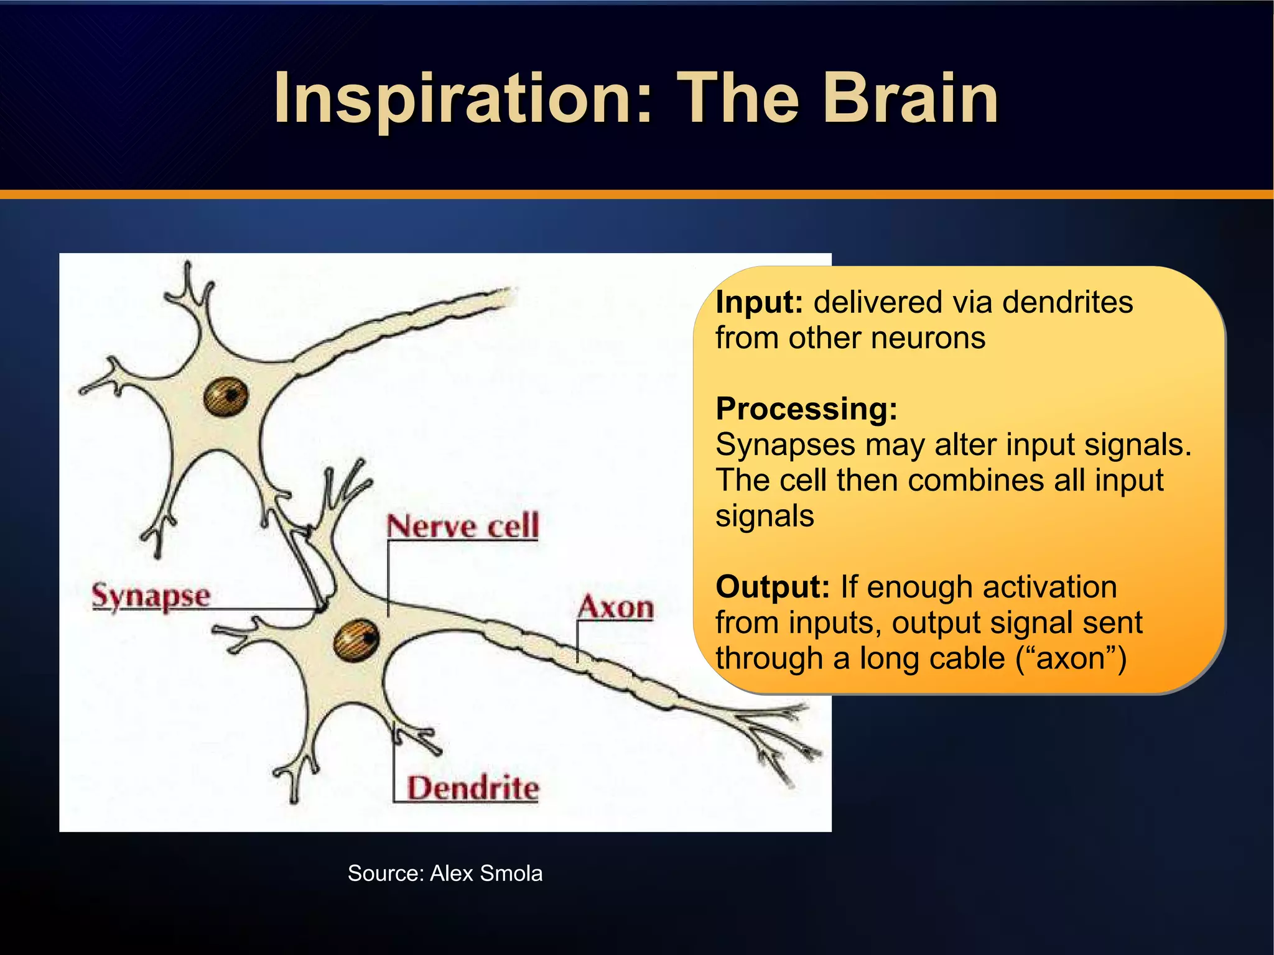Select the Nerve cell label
[x=462, y=526]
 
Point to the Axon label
[x=616, y=607]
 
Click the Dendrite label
[x=473, y=788]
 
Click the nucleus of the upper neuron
[x=226, y=396]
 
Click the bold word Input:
[x=759, y=303]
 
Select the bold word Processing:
[x=806, y=409]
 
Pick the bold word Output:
[x=772, y=587]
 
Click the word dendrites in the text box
[x=1067, y=303]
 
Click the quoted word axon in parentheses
[x=1071, y=658]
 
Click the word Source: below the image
[x=386, y=874]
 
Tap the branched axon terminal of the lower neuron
[x=778, y=740]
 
